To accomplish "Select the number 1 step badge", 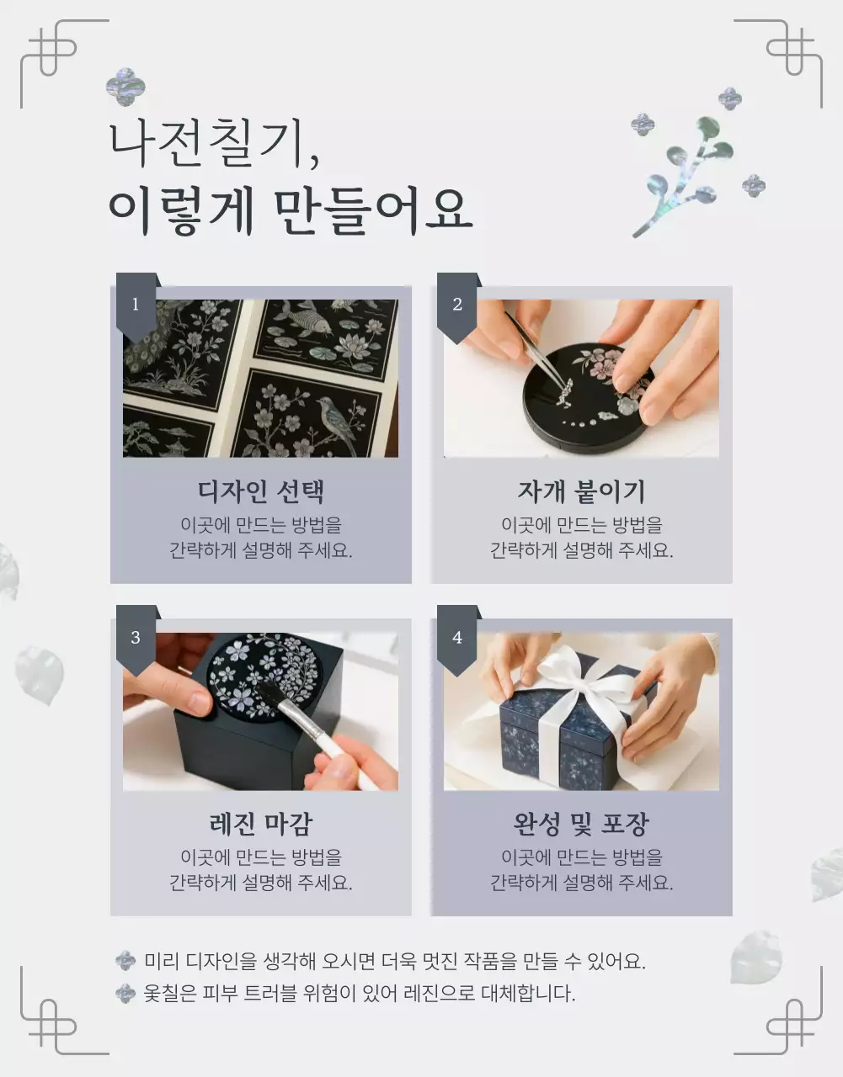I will pyautogui.click(x=136, y=305).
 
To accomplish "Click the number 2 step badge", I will pyautogui.click(x=457, y=305).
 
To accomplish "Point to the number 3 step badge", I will pyautogui.click(x=136, y=637).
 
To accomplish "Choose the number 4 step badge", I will pyautogui.click(x=457, y=637).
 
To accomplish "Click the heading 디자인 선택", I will pyautogui.click(x=260, y=491).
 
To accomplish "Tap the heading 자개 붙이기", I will pyautogui.click(x=581, y=491).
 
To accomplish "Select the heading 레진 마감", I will pyautogui.click(x=260, y=824).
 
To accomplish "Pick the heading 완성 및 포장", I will pyautogui.click(x=581, y=824).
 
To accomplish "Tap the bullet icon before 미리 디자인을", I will pyautogui.click(x=125, y=961).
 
